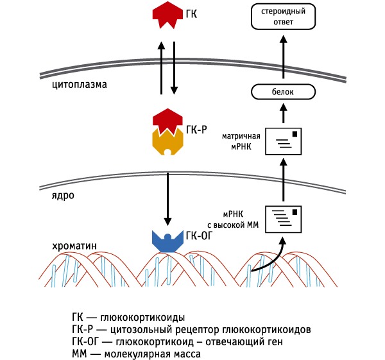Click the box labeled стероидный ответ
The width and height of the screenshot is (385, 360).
[283, 15]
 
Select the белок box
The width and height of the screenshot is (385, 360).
[283, 92]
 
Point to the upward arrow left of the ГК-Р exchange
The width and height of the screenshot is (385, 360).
[160, 67]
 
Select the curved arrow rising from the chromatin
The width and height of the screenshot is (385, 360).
[269, 260]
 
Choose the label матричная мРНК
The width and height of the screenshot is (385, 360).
[241, 141]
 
